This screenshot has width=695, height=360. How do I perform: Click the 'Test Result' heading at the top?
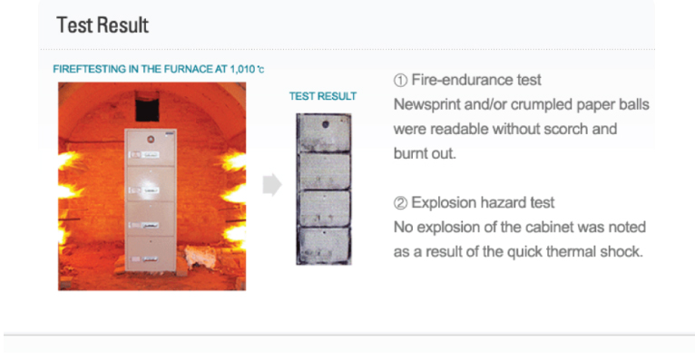103,24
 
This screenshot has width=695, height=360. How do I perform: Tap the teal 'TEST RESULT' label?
323,96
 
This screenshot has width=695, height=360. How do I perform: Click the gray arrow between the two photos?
272,184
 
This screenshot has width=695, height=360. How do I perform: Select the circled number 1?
400,80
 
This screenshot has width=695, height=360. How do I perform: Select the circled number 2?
400,203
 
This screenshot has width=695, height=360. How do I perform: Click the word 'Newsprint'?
426,105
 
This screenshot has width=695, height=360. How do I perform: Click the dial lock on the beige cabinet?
151,140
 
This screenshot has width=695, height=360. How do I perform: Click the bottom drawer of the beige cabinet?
151,253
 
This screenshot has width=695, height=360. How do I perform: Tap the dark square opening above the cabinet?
147,106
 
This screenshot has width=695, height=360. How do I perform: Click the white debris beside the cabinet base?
200,257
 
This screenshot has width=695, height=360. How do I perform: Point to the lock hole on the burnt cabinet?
326,125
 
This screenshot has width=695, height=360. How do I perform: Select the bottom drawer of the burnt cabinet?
324,245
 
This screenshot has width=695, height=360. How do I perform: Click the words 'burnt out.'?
425,153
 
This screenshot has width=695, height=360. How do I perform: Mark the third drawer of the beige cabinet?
151,219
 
